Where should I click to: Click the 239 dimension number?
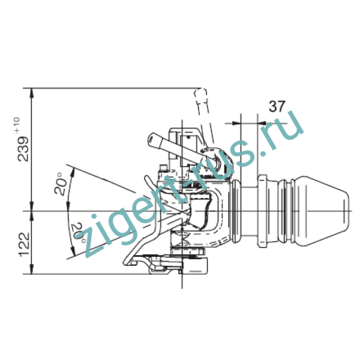tap(23, 149)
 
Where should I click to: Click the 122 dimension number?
tap(24, 245)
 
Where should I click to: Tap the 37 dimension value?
tap(277, 106)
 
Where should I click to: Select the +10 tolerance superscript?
tap(17, 125)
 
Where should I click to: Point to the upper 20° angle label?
tap(60, 184)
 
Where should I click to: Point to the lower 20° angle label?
tap(78, 233)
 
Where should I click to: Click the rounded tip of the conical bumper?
tap(347, 211)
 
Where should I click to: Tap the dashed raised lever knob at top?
tap(201, 95)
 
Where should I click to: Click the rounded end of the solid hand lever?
tap(152, 139)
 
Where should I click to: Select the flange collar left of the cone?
tap(262, 211)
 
